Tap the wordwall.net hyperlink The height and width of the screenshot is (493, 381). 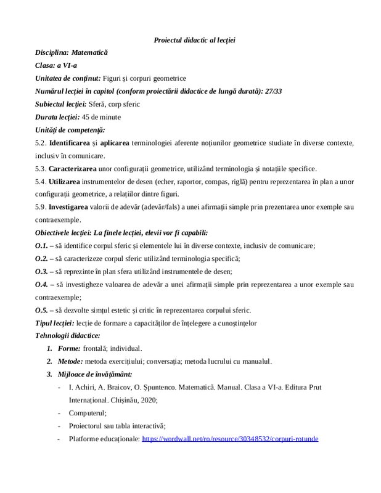(x=230, y=439)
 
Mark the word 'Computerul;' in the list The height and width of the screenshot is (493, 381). (x=88, y=413)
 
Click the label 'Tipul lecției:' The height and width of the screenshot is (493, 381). (x=54, y=323)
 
